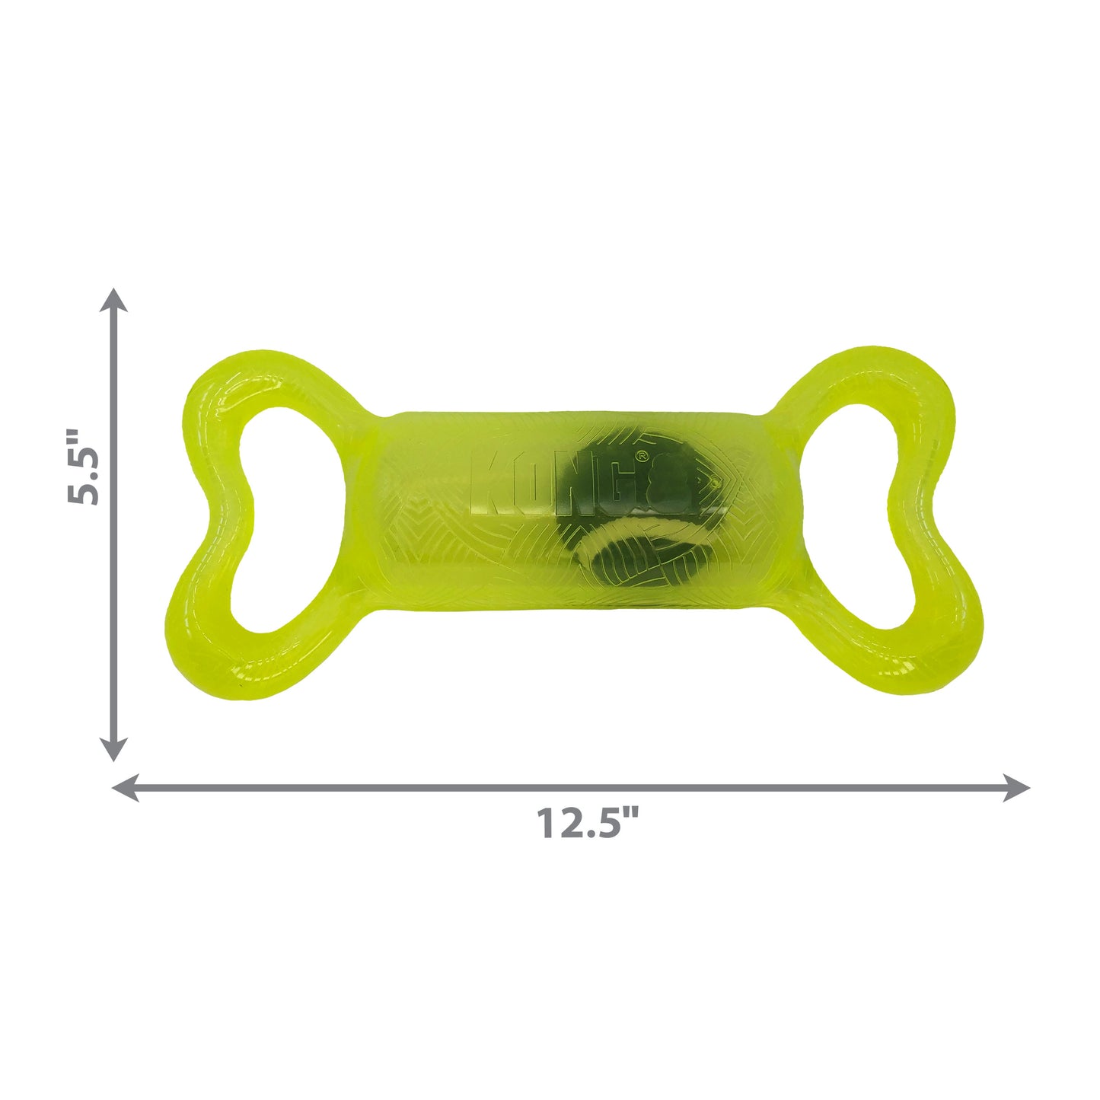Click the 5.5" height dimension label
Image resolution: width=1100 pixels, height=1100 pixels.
pyautogui.click(x=83, y=467)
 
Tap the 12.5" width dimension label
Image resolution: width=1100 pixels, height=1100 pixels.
pyautogui.click(x=588, y=823)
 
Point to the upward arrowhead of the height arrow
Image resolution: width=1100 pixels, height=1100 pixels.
pyautogui.click(x=114, y=299)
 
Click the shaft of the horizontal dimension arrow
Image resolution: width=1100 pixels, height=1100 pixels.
pyautogui.click(x=761, y=788)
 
